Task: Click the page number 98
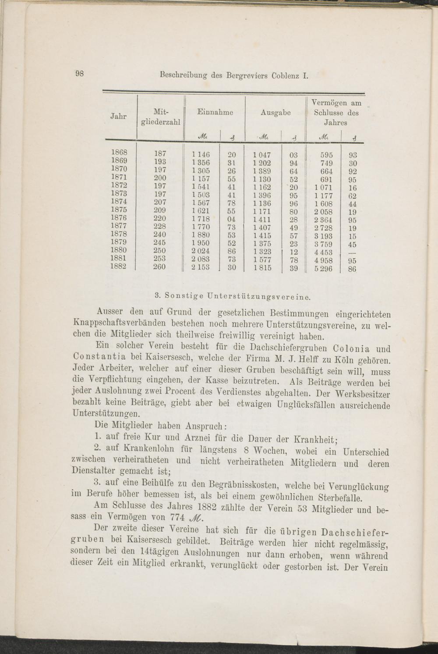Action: (80, 74)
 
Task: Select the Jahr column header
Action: (118, 117)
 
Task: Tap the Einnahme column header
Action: (215, 112)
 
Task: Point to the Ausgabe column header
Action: (276, 112)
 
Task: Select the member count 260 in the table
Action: (159, 267)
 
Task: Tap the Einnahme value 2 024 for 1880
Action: (201, 251)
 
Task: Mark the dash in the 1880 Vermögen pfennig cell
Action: (352, 252)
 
